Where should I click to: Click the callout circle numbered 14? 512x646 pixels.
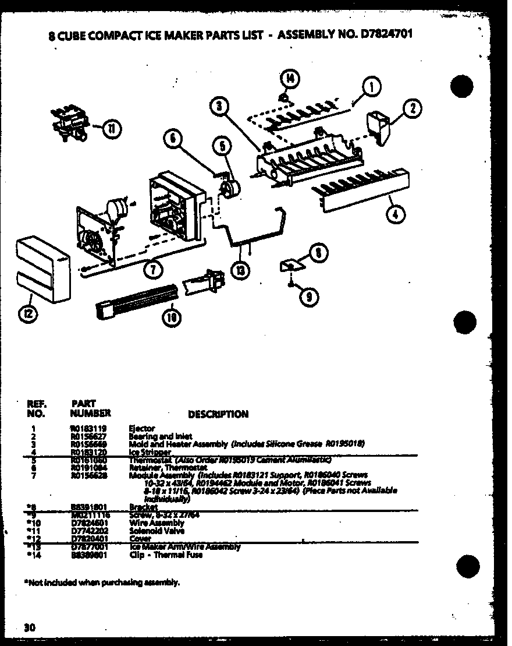point(289,77)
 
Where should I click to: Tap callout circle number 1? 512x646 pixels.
point(371,87)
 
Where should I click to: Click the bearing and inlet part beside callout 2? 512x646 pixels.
point(377,125)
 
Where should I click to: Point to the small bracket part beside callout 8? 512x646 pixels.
point(291,266)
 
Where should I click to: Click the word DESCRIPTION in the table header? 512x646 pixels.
point(218,414)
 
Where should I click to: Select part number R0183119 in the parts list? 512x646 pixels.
point(87,428)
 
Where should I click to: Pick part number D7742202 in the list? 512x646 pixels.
point(87,531)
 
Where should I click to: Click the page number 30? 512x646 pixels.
point(30,627)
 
